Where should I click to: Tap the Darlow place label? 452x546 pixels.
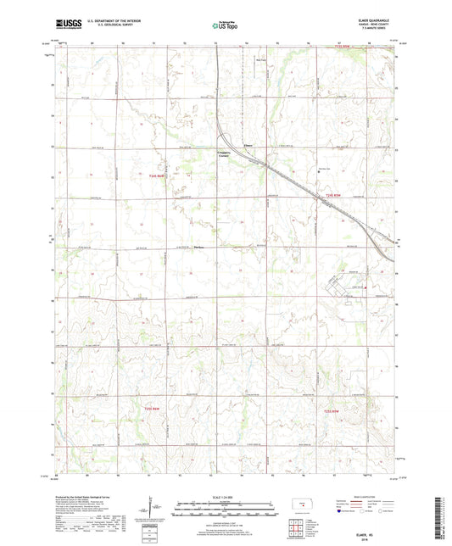pyautogui.click(x=200, y=248)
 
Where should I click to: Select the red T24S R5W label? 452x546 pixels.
pyautogui.click(x=333, y=198)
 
